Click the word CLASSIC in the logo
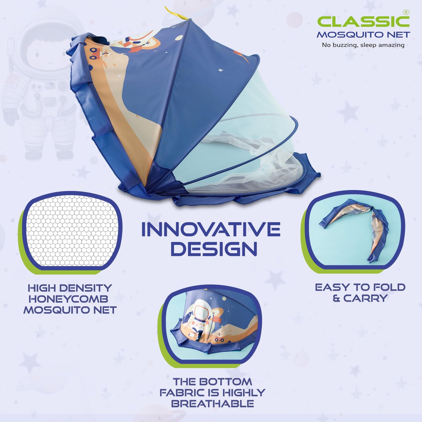(363, 21)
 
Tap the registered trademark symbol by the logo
(406, 12)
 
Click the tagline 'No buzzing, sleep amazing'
(363, 45)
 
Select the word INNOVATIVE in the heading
(211, 230)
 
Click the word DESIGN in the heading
(214, 249)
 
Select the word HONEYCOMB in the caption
(68, 299)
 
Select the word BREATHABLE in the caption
(212, 404)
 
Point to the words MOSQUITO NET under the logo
(363, 35)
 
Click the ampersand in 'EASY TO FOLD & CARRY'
(336, 298)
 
